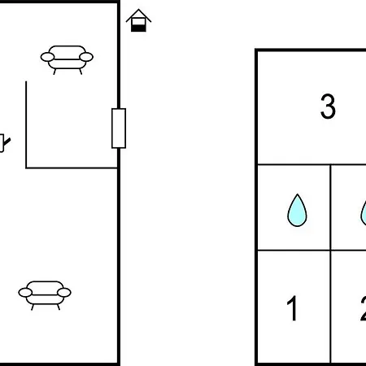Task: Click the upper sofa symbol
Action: [67, 59]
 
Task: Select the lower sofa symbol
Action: [45, 295]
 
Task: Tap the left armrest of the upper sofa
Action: [47, 57]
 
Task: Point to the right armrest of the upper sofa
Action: [86, 57]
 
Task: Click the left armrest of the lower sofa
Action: [25, 293]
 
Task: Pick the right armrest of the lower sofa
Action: [64, 293]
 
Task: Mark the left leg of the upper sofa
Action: [54, 72]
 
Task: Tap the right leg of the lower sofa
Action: [59, 307]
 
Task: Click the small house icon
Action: [138, 20]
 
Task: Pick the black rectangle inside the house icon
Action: [138, 28]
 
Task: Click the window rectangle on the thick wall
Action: [119, 129]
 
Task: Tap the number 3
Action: [328, 107]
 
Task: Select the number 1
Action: [292, 308]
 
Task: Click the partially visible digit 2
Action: [364, 308]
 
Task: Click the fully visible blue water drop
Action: [297, 211]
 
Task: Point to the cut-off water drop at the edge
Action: [364, 214]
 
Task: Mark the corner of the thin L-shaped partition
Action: [26, 168]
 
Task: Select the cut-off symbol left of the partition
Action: [4, 143]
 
